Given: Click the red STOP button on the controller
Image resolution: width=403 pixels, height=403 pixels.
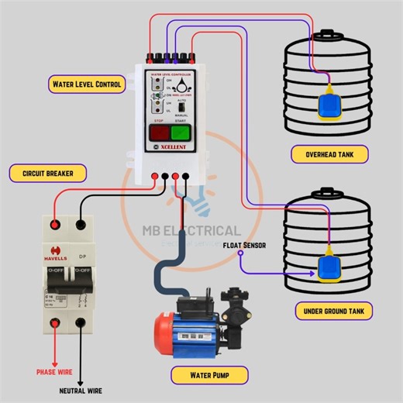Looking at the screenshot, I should pyautogui.click(x=159, y=135).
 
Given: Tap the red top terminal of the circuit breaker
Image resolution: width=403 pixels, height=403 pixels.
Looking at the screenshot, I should pyautogui.click(x=55, y=225).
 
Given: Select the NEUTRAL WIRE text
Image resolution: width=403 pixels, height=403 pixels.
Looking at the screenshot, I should pyautogui.click(x=81, y=390).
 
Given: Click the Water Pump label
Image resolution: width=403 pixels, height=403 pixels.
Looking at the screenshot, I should pyautogui.click(x=209, y=376).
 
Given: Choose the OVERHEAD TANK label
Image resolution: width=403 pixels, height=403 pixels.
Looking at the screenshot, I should pyautogui.click(x=330, y=155).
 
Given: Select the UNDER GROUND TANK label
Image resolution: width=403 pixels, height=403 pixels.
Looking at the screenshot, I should pyautogui.click(x=335, y=312).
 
